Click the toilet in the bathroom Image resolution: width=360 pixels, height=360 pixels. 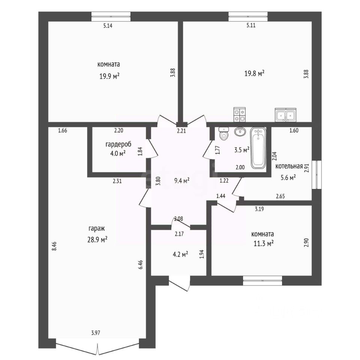point(224,133)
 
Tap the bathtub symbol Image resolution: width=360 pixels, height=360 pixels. point(258,148)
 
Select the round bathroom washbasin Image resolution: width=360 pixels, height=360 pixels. point(240,132)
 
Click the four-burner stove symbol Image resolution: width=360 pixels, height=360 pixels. point(240,115)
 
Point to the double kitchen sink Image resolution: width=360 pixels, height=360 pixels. point(286,115)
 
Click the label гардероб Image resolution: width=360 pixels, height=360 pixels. point(118,144)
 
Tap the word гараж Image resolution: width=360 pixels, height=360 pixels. point(97,229)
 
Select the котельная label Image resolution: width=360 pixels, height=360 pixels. point(289,166)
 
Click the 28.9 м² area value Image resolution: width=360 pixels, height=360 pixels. point(97,240)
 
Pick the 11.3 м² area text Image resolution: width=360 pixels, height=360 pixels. point(263,243)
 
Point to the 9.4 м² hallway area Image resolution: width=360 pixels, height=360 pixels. point(182,181)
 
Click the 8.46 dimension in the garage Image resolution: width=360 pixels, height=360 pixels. point(54,246)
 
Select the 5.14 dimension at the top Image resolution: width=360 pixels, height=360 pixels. point(108,26)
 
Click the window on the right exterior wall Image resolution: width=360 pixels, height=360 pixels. point(316,175)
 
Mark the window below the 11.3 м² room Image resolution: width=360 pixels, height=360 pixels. point(262,280)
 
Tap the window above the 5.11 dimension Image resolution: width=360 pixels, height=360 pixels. point(248,16)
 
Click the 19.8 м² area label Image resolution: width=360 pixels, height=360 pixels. point(254,74)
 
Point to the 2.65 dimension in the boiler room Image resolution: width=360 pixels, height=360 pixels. point(280,196)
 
